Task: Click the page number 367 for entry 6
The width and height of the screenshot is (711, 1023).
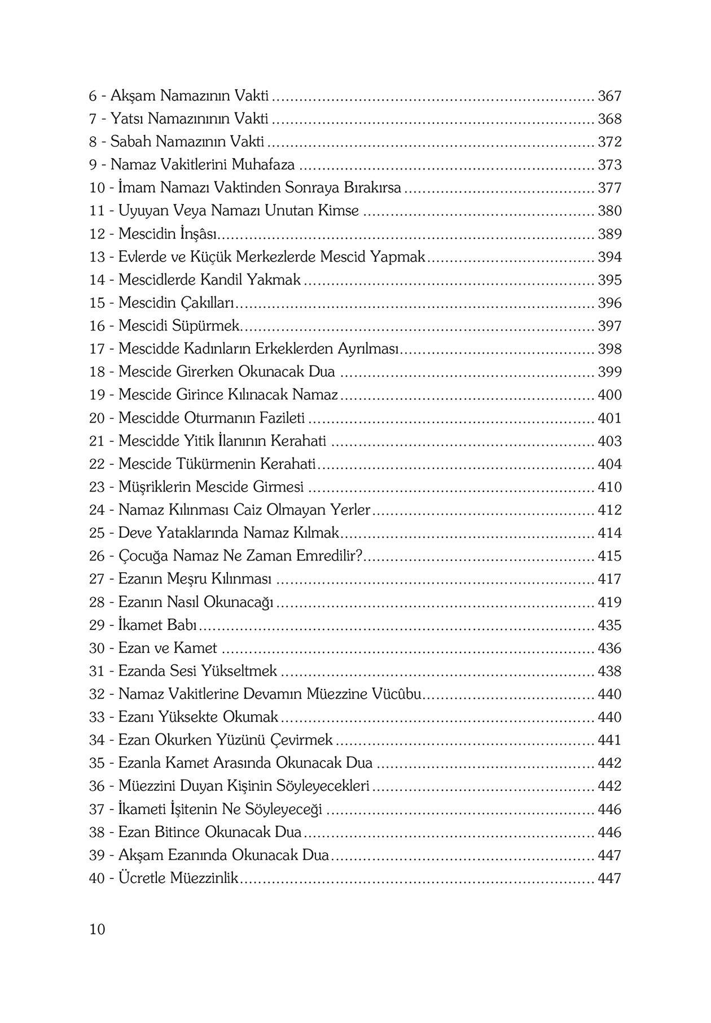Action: click(609, 97)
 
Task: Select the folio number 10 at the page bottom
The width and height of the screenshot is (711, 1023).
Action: click(97, 929)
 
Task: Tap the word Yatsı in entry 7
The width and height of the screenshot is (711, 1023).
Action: click(128, 119)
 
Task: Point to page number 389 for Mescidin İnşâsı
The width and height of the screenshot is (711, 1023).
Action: click(609, 234)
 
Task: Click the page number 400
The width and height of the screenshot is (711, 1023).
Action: click(609, 395)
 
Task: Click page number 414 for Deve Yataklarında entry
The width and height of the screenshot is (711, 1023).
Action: click(609, 533)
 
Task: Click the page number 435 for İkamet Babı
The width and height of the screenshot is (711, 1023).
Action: click(609, 625)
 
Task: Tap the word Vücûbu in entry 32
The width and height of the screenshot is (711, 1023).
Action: click(397, 694)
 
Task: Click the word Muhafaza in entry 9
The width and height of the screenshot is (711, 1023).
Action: click(263, 166)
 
